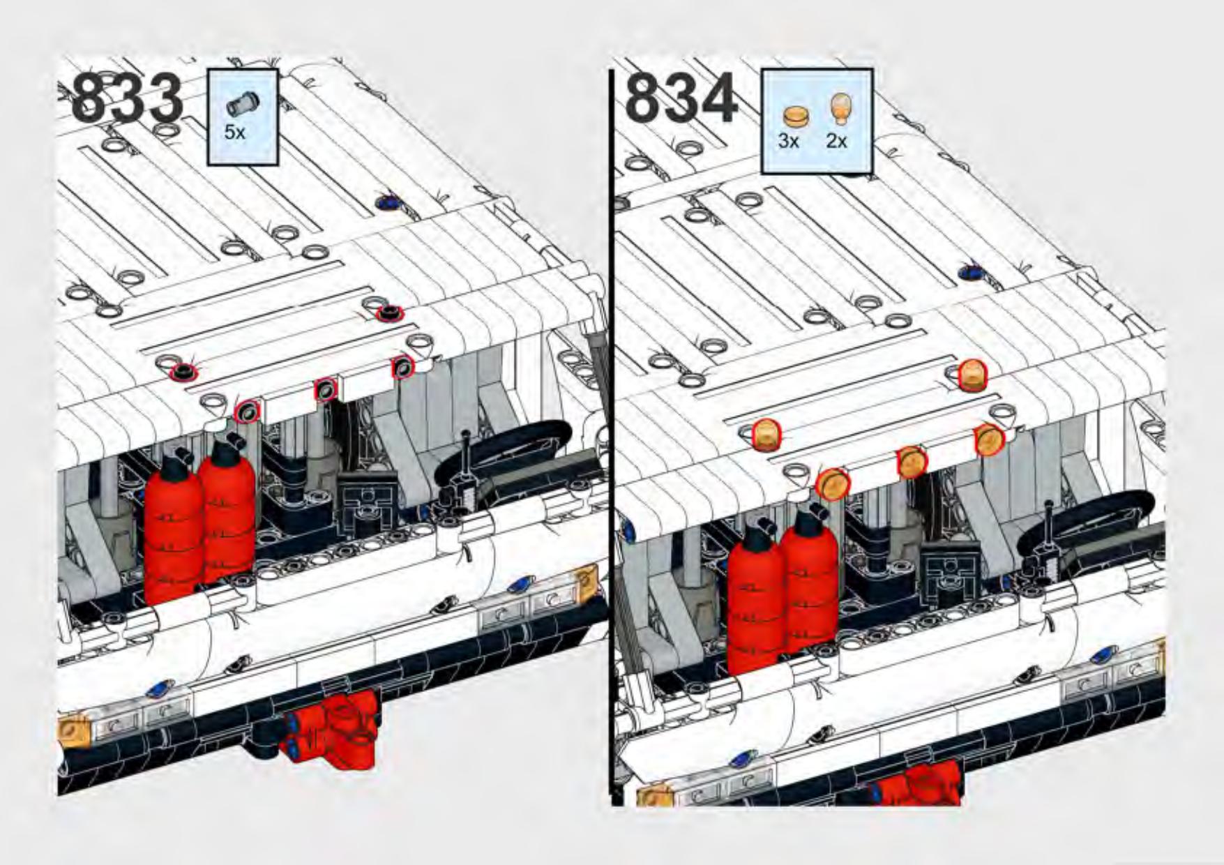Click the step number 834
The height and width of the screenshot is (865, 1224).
coord(681,99)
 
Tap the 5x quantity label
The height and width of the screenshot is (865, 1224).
coord(235,132)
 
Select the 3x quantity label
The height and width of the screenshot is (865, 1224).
coord(788,140)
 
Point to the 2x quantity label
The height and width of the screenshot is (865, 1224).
coord(836,140)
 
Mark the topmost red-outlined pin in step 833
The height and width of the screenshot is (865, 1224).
coord(389,314)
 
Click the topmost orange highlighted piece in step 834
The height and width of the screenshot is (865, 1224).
coord(972,374)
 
